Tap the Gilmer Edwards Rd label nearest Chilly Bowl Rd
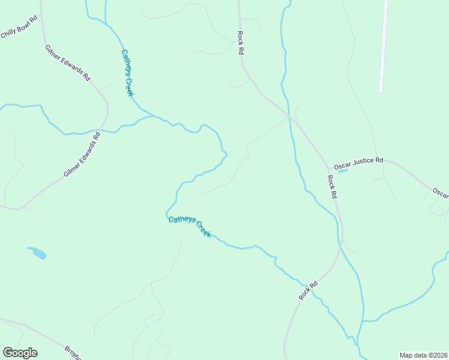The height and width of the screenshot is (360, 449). pos(67,63)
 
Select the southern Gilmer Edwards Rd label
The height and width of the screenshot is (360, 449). pos(82,155)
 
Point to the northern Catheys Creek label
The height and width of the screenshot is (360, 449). pos(127,72)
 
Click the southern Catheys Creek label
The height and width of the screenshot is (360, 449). pos(189,227)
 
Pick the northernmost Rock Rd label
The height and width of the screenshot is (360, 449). pos(240,43)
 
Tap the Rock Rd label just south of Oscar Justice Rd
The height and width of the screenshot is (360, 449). pos(332,187)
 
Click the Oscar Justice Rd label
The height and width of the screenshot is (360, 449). pos(358,161)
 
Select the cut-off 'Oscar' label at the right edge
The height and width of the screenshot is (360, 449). pos(441,193)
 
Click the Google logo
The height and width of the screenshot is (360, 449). pos(20,353)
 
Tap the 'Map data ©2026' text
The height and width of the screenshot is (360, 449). pos(423,355)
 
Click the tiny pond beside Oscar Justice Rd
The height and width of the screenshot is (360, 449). pos(343,171)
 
